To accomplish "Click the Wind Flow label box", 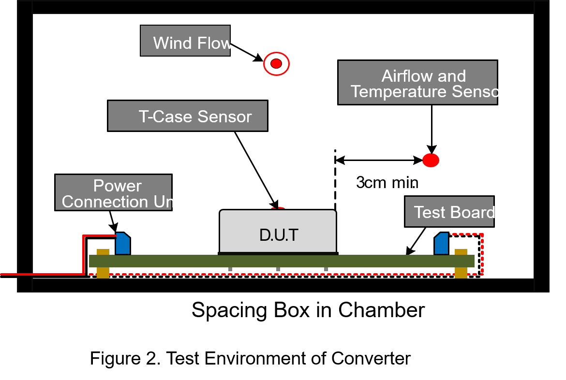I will tap(185, 41).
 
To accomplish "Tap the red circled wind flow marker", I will tap(276, 63).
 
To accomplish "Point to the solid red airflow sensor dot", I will tap(431, 160).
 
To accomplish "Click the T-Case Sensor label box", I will tap(187, 116).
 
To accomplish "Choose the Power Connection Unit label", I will tap(113, 193).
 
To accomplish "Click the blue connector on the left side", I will tap(123, 244).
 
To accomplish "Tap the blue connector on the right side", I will tap(441, 244).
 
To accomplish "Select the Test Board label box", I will tap(449, 212).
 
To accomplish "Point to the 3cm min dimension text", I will tap(387, 183).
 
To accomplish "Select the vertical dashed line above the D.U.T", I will tap(335, 179).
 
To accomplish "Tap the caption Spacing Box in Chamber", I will tap(308, 310).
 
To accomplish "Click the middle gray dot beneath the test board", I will tap(278, 269).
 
